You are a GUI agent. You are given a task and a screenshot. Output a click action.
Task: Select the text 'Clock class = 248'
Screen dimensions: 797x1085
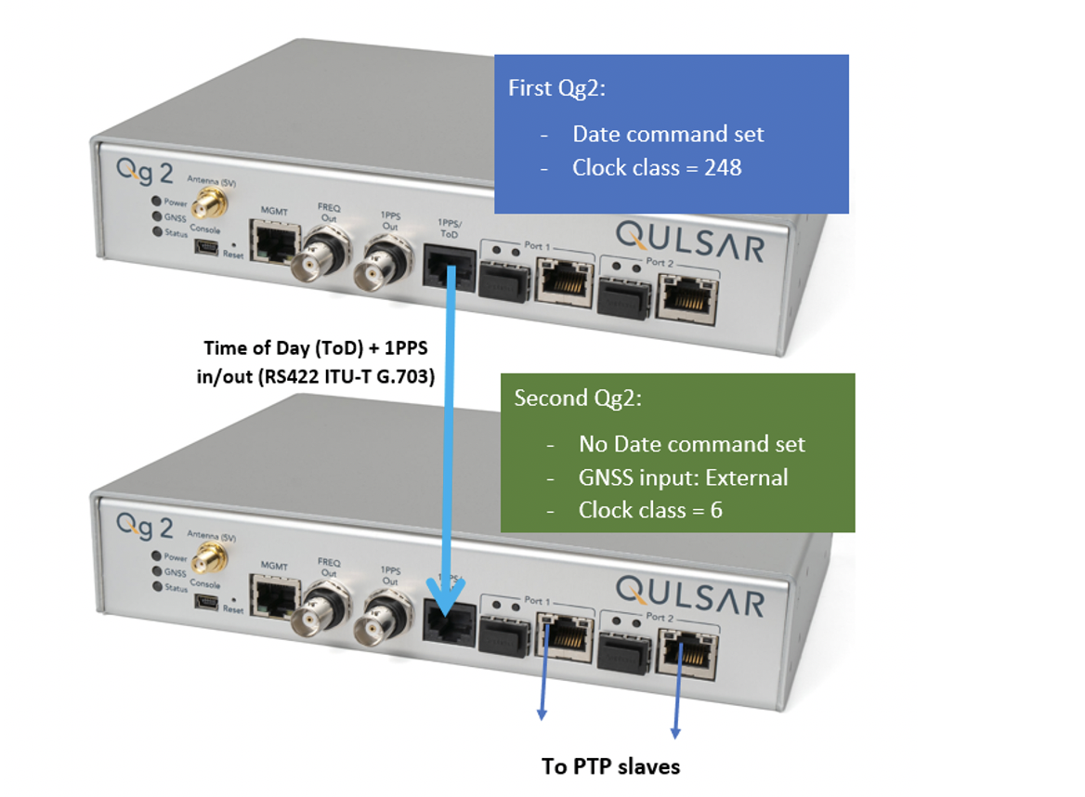tap(657, 168)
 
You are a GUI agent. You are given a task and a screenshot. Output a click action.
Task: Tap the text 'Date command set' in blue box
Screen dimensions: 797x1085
tap(668, 134)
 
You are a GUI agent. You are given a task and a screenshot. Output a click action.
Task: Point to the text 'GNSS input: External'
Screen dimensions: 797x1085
tap(683, 477)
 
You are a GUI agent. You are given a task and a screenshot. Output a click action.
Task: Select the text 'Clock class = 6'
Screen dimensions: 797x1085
tap(650, 510)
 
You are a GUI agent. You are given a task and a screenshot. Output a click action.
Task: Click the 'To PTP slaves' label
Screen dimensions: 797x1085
tap(610, 766)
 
